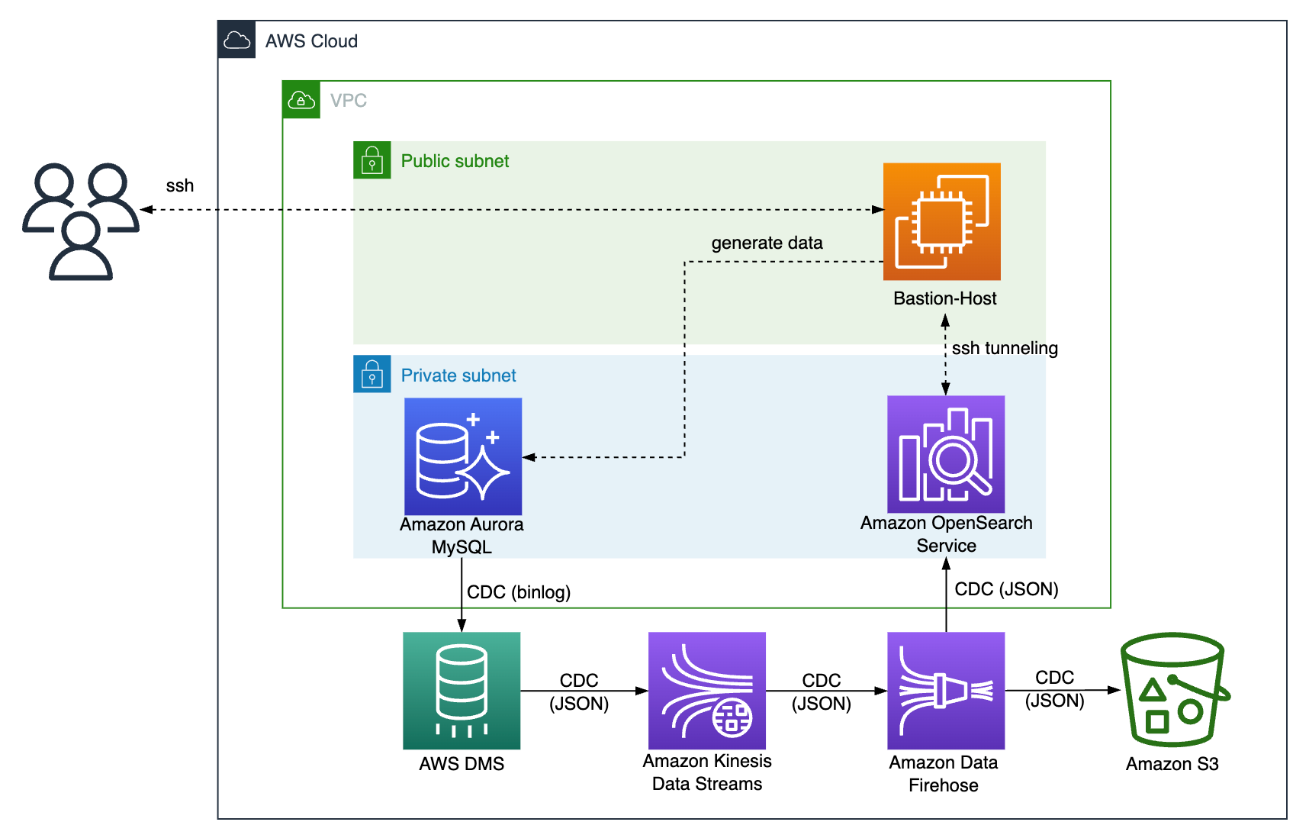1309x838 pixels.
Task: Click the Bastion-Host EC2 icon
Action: [941, 221]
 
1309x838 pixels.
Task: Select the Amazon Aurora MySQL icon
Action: [463, 456]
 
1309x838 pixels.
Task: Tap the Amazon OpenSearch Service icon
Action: [946, 454]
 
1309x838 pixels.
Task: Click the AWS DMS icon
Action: [462, 691]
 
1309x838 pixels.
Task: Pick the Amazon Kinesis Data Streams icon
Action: [707, 691]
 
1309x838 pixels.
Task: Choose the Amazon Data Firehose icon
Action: [946, 691]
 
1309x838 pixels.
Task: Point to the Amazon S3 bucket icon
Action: [1173, 690]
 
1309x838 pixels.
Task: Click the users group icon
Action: [81, 221]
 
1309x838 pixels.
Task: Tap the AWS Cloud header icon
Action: [236, 40]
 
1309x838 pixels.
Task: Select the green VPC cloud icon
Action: [301, 100]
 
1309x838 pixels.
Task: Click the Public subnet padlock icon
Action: [372, 160]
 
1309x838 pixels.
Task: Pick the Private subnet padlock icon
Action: [372, 374]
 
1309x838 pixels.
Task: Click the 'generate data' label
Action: [767, 243]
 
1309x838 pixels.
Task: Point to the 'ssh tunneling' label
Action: [1005, 348]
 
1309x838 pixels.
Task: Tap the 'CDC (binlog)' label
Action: [519, 592]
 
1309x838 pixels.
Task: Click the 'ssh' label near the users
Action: [180, 185]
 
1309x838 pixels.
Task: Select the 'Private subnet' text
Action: [458, 375]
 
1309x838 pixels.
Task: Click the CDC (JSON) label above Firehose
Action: [1006, 589]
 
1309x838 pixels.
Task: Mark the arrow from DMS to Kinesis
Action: [584, 691]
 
